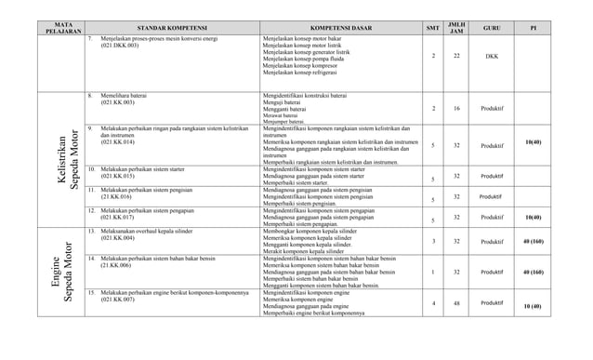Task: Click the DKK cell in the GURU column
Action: point(492,57)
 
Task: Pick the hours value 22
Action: point(456,56)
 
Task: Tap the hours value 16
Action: point(456,109)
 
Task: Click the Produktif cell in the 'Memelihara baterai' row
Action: point(492,109)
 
